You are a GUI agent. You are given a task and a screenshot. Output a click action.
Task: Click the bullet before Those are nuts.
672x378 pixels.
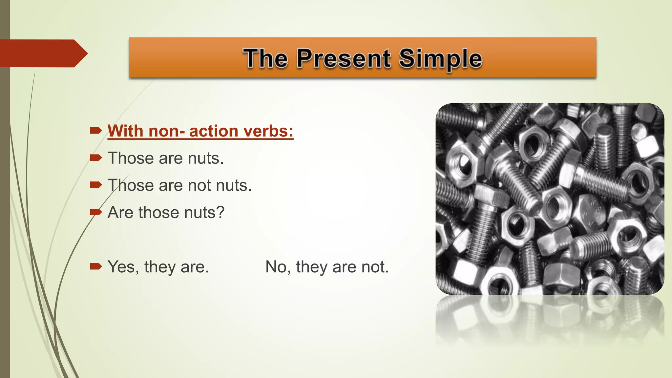95,158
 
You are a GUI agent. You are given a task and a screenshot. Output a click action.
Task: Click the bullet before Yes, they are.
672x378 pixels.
95,266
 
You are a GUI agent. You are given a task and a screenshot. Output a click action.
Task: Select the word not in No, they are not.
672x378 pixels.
374,266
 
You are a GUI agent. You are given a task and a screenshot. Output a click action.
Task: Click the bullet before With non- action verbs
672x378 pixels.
95,131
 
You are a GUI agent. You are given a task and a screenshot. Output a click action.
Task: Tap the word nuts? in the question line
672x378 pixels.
204,212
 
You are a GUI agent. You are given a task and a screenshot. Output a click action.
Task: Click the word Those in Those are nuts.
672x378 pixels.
131,158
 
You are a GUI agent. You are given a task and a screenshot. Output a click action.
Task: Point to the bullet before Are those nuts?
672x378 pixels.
95,212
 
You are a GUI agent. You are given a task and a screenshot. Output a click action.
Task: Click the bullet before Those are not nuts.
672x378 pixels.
95,185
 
